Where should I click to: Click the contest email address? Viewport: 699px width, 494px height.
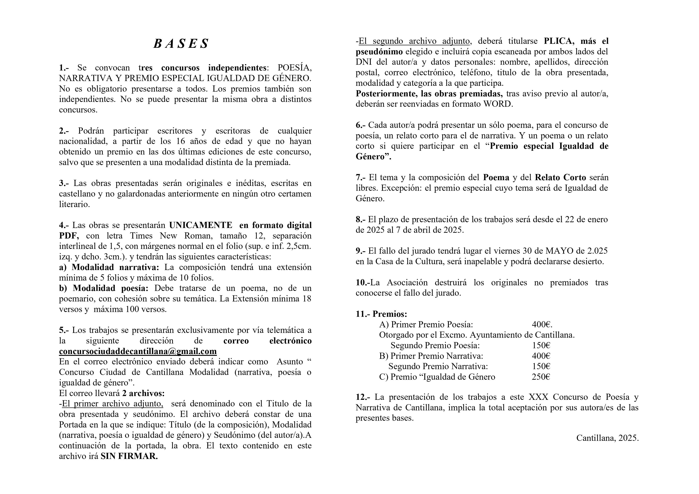[x=138, y=351]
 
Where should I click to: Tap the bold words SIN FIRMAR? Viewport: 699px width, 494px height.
[x=129, y=456]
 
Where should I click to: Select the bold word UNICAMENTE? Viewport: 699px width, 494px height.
[x=201, y=225]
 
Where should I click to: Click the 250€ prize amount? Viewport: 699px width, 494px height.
[x=541, y=377]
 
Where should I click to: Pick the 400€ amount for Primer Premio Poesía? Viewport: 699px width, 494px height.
[x=542, y=325]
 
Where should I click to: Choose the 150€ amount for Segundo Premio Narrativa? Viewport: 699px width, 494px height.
[x=541, y=366]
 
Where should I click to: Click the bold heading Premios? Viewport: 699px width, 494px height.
[x=390, y=314]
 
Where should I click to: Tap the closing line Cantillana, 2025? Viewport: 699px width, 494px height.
[x=607, y=438]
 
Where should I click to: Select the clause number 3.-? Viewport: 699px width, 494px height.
[x=64, y=183]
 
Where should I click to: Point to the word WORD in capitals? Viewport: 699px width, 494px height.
[x=498, y=104]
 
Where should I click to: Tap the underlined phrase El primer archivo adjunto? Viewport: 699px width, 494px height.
[x=112, y=404]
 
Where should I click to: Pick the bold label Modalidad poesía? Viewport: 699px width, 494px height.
[x=110, y=288]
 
